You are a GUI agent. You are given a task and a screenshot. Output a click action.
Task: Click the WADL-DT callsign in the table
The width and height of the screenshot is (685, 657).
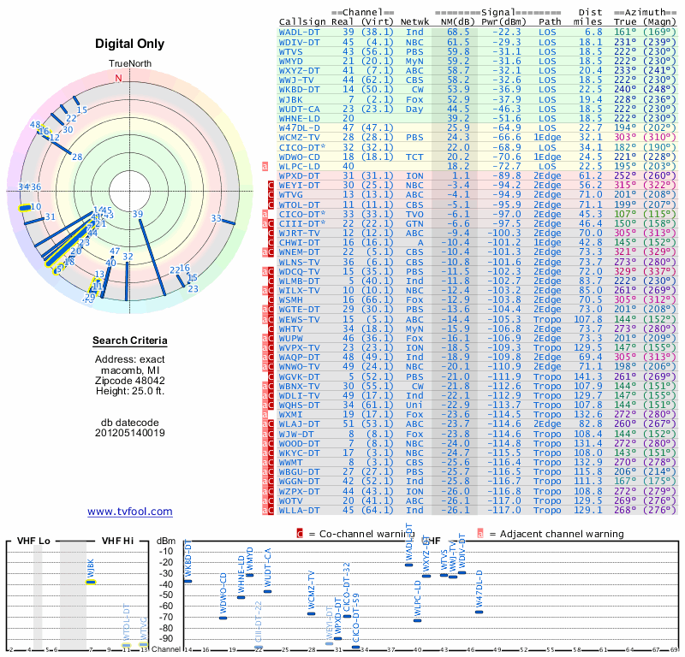(299, 32)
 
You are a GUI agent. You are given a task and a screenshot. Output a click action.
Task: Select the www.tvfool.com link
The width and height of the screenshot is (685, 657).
(129, 512)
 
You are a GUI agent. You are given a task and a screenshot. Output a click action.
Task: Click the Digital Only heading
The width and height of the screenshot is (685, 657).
(129, 44)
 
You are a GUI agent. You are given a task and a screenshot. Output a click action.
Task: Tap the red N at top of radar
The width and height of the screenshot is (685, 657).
(119, 78)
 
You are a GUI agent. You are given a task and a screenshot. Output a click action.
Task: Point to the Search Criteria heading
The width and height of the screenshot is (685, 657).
(129, 341)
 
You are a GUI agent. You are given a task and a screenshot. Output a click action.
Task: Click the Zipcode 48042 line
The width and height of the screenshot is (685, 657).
(129, 379)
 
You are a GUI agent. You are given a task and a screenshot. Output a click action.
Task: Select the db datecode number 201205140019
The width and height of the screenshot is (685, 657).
(129, 432)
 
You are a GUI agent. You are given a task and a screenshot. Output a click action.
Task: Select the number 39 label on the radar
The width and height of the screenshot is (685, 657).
(138, 214)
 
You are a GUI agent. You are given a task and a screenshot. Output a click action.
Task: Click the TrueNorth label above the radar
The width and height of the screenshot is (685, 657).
(129, 64)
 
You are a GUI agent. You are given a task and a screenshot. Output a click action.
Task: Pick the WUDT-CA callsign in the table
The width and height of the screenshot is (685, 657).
(299, 109)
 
